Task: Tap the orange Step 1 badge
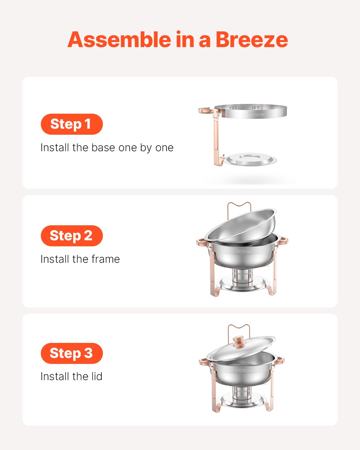(x=72, y=124)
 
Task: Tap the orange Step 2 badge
(x=72, y=236)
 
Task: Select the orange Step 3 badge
(x=72, y=353)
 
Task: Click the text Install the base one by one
(x=107, y=148)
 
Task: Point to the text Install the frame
(x=80, y=259)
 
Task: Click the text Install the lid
(x=71, y=376)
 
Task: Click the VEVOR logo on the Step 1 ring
(x=256, y=115)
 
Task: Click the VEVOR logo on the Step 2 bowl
(x=243, y=251)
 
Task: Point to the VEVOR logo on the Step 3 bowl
(x=243, y=370)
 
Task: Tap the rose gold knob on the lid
(x=239, y=342)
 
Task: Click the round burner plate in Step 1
(x=251, y=160)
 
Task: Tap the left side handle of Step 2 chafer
(x=202, y=242)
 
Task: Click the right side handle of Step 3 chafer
(x=280, y=360)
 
